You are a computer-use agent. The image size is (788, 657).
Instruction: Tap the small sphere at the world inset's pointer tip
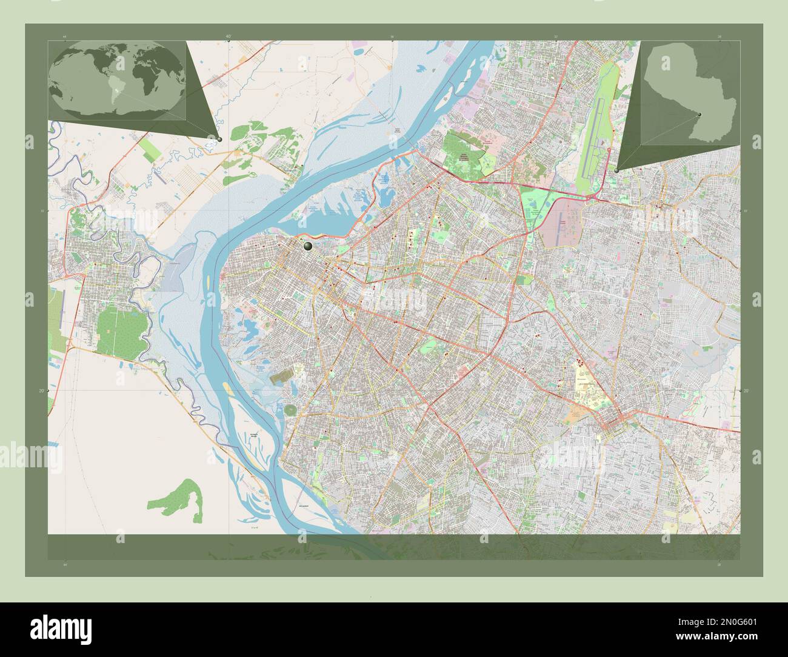coord(219,139)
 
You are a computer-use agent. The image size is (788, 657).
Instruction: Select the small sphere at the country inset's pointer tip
coord(616,171)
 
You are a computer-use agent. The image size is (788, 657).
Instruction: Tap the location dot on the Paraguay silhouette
coord(699,114)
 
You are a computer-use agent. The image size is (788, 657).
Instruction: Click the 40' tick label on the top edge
coord(229,36)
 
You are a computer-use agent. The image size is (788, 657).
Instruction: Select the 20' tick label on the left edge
coord(41,391)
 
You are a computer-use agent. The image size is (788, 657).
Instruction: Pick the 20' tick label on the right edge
coord(746,391)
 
